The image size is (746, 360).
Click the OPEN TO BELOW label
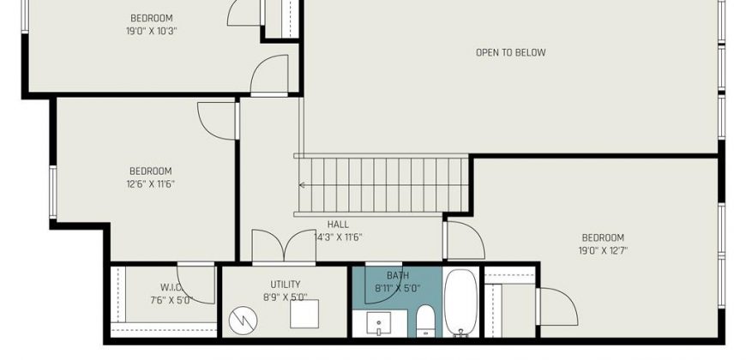click(x=510, y=52)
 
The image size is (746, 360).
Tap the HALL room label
click(x=338, y=225)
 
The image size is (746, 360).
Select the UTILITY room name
click(x=286, y=285)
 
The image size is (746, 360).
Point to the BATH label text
click(x=398, y=275)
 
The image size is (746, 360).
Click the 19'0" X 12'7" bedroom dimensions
click(x=603, y=250)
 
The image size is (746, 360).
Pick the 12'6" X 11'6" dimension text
click(x=150, y=183)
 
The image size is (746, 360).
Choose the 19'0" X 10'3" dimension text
click(x=151, y=32)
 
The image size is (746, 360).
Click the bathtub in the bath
click(x=460, y=303)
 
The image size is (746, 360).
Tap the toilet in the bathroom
click(x=425, y=321)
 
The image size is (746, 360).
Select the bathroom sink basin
click(x=379, y=323)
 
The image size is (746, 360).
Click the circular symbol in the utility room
click(x=244, y=320)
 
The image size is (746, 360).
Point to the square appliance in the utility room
click(x=304, y=314)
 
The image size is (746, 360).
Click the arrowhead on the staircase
click(x=302, y=185)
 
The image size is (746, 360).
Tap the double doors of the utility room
click(x=284, y=246)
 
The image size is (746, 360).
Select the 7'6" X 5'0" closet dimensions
click(x=170, y=300)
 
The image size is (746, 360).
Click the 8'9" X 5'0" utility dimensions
click(x=285, y=297)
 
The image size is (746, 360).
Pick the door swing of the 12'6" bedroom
click(x=217, y=121)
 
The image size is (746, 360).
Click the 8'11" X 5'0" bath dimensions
click(x=398, y=288)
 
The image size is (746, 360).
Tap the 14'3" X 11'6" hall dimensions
click(x=338, y=237)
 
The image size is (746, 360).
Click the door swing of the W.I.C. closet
click(x=196, y=285)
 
